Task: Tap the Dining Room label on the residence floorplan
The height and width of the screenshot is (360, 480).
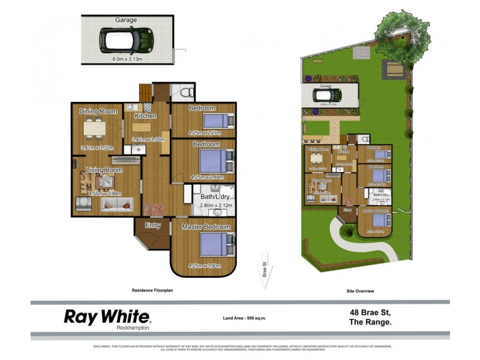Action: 98,111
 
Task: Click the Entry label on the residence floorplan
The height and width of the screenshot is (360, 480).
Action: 152,225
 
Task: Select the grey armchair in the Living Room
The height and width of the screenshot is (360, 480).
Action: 83,204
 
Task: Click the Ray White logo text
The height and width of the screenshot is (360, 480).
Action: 107,316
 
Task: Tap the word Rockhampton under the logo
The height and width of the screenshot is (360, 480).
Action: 132,328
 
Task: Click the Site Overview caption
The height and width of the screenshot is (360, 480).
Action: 361,291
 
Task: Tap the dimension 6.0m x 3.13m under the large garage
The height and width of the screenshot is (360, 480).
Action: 130,59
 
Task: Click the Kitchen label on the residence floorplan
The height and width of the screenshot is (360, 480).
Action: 145,116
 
